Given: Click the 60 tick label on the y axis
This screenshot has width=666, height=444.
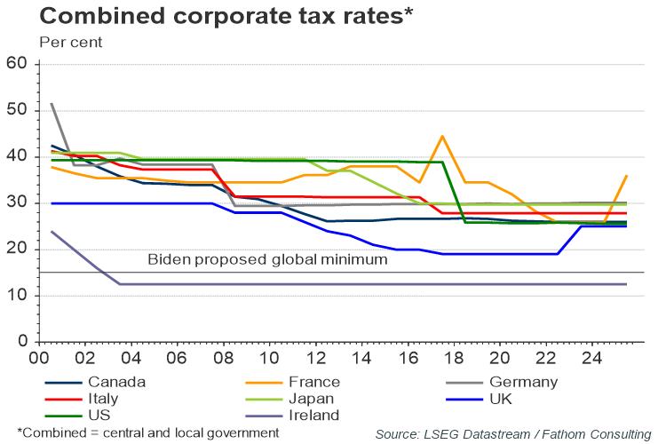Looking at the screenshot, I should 18,64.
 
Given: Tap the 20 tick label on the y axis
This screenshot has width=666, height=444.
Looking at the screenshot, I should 18,250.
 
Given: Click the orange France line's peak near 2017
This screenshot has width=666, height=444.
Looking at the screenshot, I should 442,136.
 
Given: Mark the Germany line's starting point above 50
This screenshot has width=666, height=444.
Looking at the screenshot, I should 52,104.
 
